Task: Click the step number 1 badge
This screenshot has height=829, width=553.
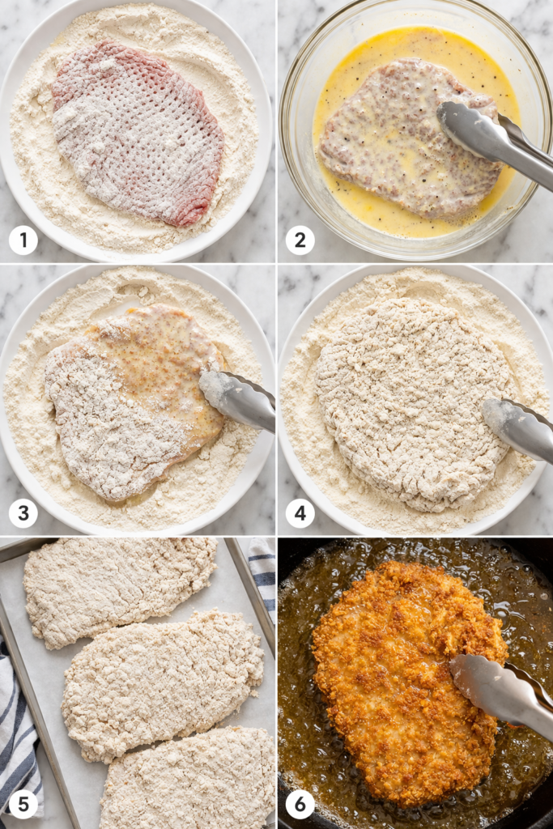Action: (x=23, y=240)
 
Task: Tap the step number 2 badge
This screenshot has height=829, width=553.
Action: (x=300, y=240)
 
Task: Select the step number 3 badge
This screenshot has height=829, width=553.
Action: (x=23, y=513)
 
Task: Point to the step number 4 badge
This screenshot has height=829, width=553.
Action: (x=300, y=513)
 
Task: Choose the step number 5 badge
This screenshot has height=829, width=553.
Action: (x=23, y=804)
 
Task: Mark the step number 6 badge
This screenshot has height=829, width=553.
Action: (x=300, y=804)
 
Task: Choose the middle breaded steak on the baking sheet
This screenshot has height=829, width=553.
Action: (x=162, y=684)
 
